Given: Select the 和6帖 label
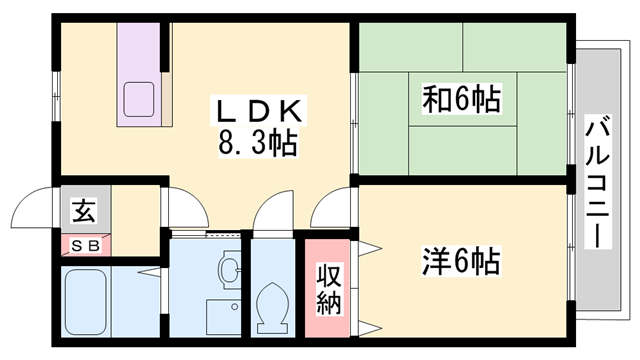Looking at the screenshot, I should [461, 100].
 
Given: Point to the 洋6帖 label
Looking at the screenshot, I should [461, 264].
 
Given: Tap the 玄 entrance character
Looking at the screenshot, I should [83, 212].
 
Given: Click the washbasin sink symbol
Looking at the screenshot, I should [229, 269].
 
